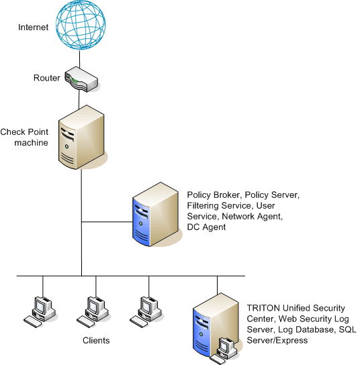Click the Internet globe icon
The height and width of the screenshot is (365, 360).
pos(81,25)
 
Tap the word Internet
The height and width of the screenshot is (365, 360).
pos(34,28)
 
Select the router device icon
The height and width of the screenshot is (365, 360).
pos(81,79)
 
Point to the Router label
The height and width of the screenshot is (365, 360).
pos(47,78)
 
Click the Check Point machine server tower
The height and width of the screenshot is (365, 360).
pos(81,137)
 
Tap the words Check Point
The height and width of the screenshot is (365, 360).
pos(24,132)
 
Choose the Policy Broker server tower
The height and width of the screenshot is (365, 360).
pos(155,214)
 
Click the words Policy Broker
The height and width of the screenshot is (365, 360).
pos(213,195)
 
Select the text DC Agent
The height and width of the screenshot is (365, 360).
pos(206,227)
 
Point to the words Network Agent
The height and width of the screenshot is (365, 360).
pos(252,216)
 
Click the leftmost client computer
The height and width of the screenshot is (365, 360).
pos(40,312)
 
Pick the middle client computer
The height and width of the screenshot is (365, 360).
pos(93,312)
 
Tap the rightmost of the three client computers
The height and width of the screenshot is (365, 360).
pos(146,312)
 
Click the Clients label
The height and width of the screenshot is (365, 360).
pos(96,340)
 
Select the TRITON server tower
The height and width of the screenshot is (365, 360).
pos(216,325)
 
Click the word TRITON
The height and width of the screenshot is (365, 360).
pos(263,308)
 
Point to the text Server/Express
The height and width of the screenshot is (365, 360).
pos(277,341)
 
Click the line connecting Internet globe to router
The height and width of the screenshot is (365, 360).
pos(80,59)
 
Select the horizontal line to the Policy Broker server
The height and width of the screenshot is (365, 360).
pos(107,222)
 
